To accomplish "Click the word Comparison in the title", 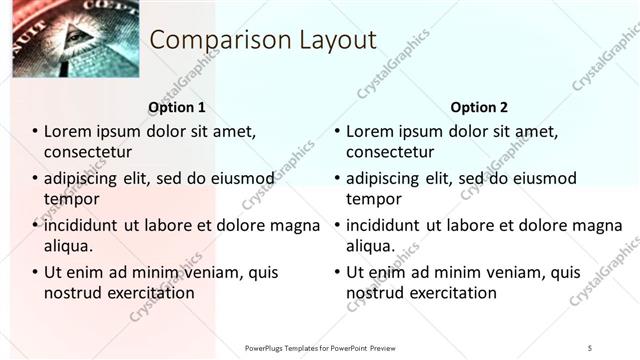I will pos(208,41).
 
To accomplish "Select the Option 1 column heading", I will pos(177,107).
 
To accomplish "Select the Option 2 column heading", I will pos(479,107).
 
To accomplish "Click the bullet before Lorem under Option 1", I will pos(35,132).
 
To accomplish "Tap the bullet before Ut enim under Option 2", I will pos(337,273).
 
